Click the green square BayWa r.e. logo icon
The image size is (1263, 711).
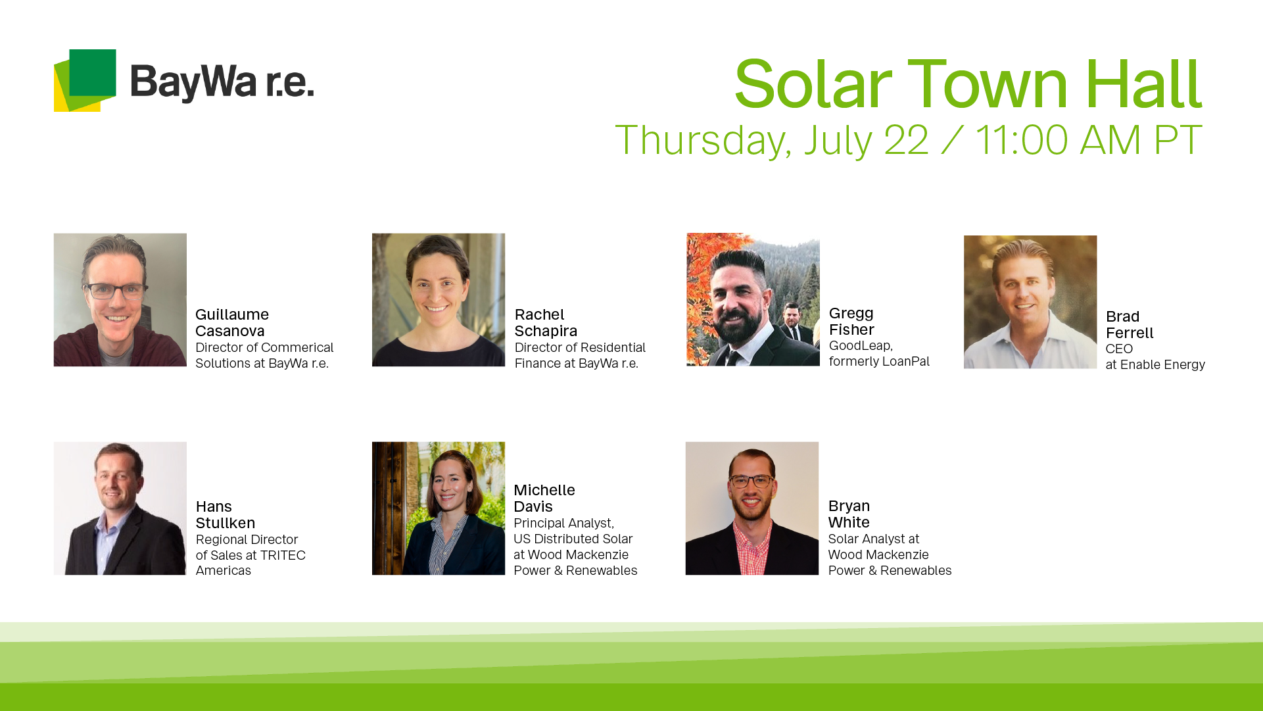point(85,80)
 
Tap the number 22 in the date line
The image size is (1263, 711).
point(906,140)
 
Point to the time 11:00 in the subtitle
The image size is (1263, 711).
point(1021,140)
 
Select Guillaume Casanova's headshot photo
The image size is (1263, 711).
point(120,300)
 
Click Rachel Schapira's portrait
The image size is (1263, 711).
point(439,300)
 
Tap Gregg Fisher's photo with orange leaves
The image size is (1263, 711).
point(753,299)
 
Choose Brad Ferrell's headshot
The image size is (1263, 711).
point(1030,302)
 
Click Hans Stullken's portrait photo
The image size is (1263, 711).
point(120,508)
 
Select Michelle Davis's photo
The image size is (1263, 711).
point(439,508)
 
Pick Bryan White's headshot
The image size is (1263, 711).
point(752,508)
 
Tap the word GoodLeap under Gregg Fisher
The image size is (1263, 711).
point(861,346)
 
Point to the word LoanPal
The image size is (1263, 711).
point(907,361)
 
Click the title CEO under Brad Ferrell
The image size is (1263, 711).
point(1119,349)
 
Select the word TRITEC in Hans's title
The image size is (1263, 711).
point(283,555)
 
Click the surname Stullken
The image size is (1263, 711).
point(226,523)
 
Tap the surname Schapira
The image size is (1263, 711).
point(546,331)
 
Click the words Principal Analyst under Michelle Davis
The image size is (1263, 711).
point(563,524)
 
